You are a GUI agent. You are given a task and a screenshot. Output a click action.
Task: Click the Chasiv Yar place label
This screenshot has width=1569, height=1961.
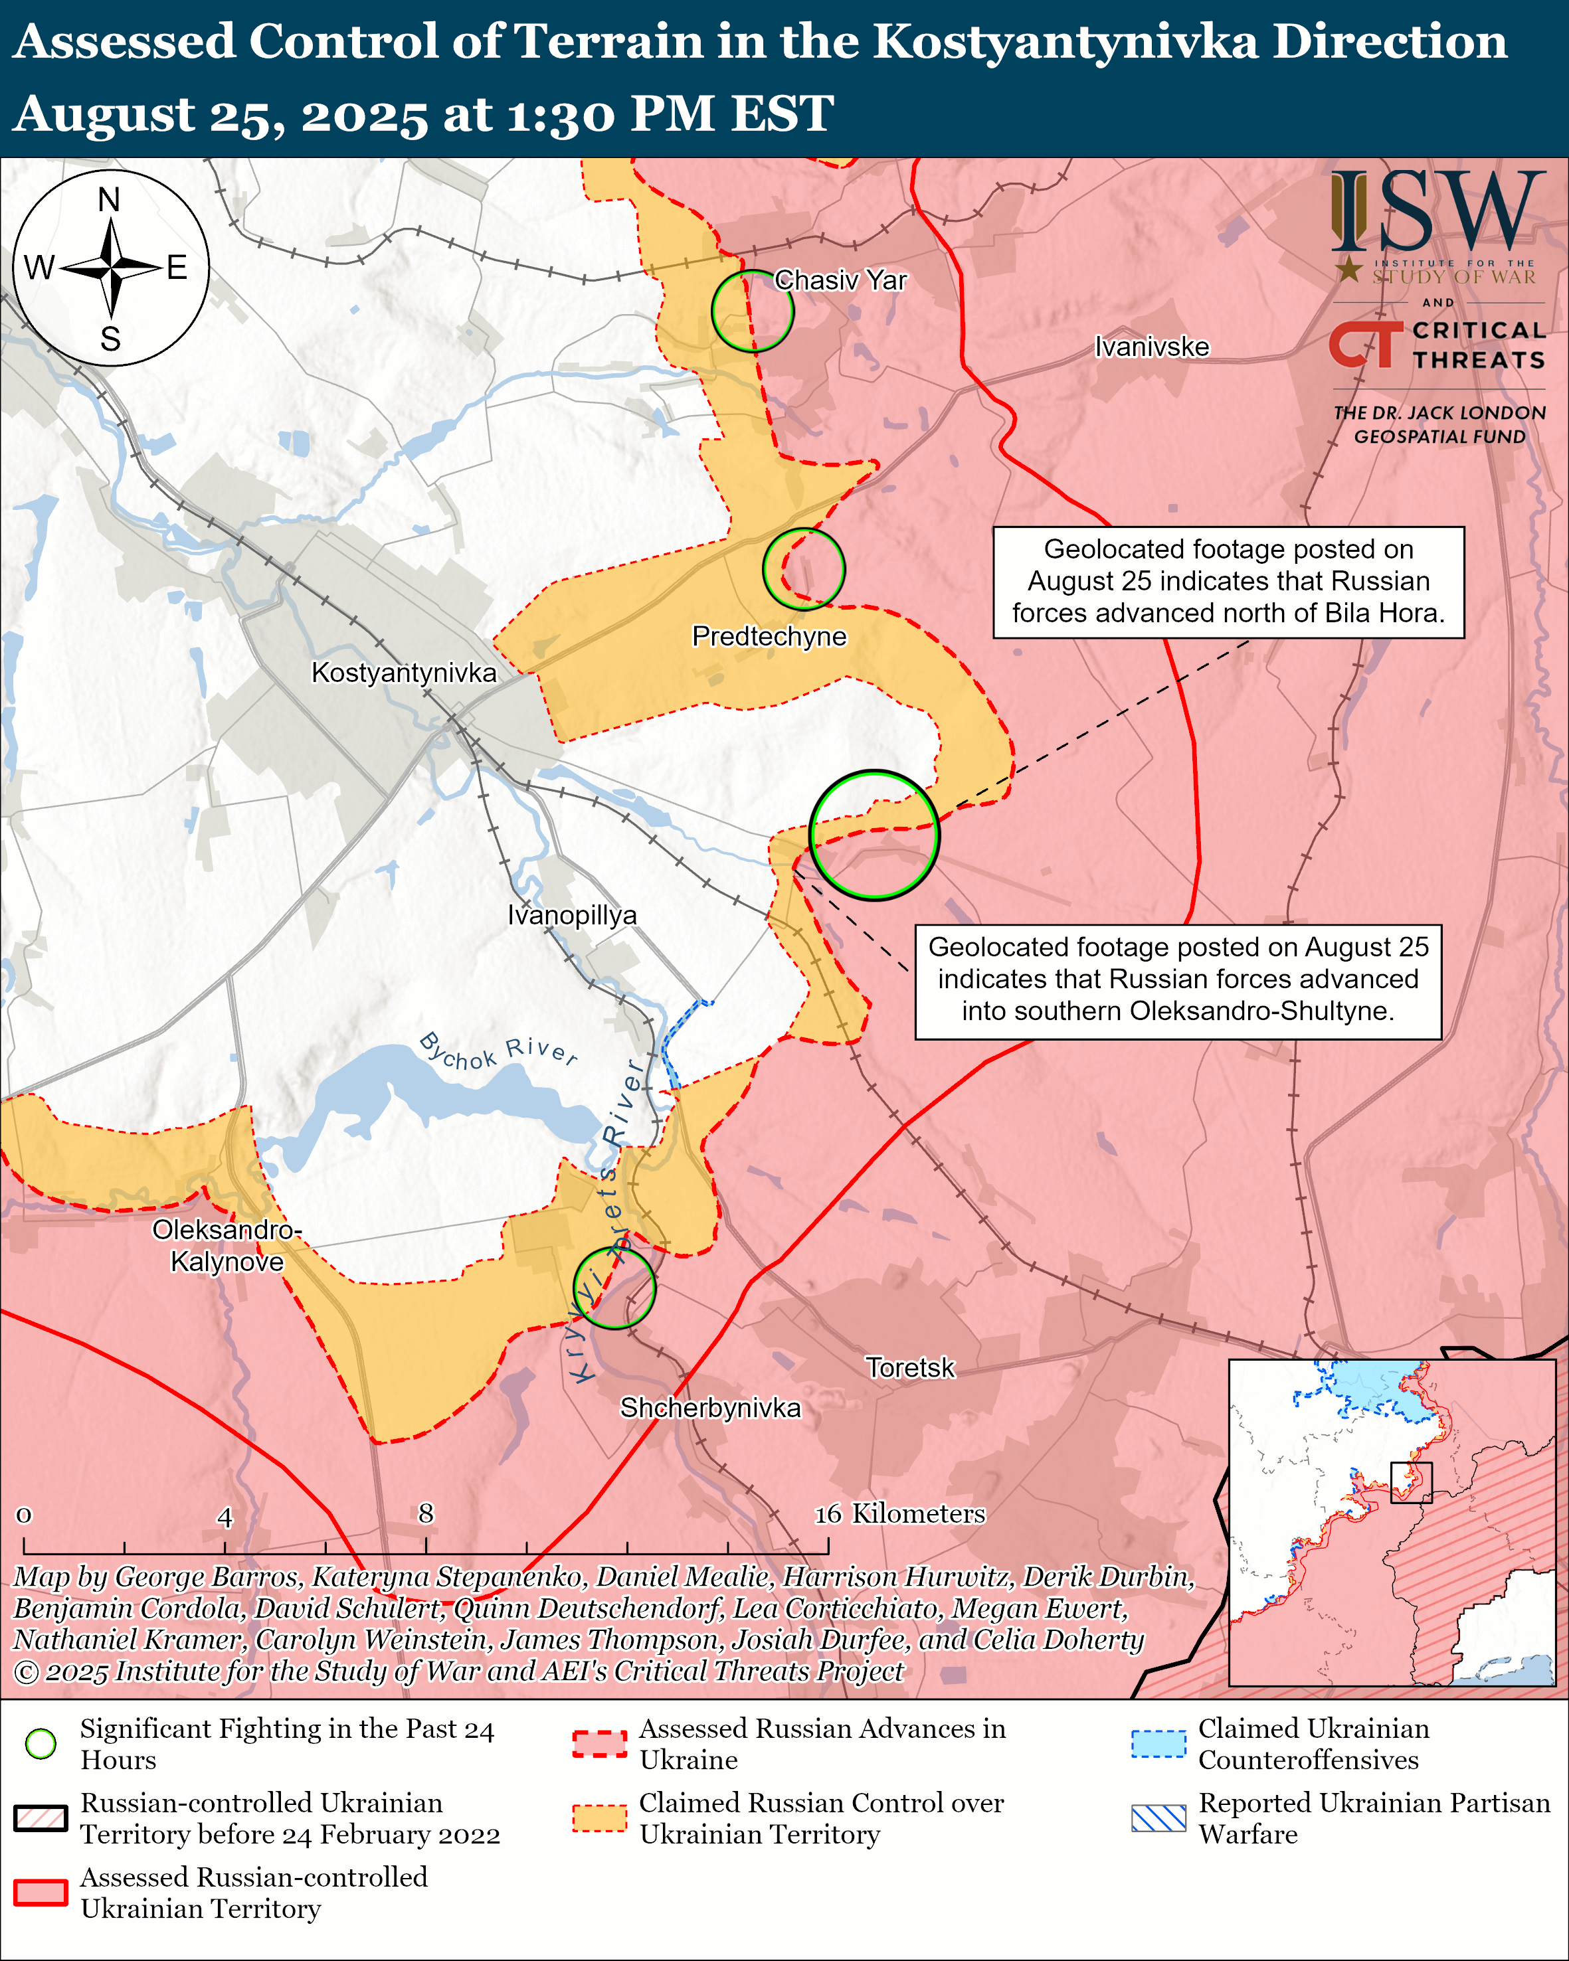[x=840, y=280]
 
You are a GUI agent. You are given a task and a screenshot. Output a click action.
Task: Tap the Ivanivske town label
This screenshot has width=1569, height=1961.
[x=1152, y=347]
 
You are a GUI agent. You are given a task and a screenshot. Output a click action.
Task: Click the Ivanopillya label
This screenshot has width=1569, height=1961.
[x=572, y=915]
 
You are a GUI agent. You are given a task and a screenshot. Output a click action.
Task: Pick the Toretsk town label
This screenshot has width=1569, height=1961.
[x=909, y=1367]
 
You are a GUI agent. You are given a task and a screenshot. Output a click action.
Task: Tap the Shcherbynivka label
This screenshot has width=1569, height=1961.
[x=710, y=1407]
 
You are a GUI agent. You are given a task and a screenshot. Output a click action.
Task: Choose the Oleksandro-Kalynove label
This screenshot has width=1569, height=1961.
[x=227, y=1245]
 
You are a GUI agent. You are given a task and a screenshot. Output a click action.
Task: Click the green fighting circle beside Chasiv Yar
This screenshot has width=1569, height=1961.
[x=752, y=311]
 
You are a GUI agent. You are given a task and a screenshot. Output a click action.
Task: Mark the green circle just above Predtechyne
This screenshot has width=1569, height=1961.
[x=804, y=569]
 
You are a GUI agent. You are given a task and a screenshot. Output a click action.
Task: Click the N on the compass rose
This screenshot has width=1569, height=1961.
[x=109, y=199]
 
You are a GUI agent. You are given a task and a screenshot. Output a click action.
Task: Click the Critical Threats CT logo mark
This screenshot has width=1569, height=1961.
[x=1365, y=345]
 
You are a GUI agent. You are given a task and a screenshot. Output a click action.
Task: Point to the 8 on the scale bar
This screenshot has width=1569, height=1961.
[x=426, y=1513]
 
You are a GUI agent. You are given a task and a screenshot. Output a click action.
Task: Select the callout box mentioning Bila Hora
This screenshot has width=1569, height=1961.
[x=1228, y=582]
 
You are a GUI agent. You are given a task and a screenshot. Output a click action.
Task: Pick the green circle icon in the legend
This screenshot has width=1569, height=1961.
[x=41, y=1744]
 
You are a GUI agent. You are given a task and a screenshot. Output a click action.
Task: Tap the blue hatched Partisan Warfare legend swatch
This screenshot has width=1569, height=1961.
[x=1158, y=1818]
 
